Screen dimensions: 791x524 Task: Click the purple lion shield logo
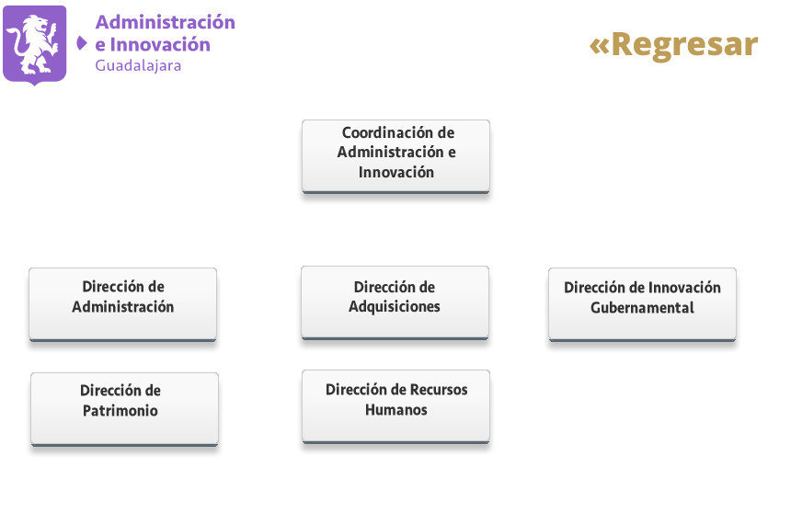[x=34, y=45]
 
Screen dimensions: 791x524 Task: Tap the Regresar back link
[x=673, y=45]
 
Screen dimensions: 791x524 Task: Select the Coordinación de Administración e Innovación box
[x=396, y=156]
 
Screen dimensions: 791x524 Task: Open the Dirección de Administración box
[x=122, y=304]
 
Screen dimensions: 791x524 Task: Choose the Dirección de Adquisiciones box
[x=395, y=303]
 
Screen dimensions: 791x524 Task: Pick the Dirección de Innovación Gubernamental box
[x=642, y=304]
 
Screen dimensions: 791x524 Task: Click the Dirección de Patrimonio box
[x=124, y=409]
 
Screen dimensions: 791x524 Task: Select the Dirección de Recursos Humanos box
[x=396, y=407]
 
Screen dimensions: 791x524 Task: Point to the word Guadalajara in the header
[x=138, y=66]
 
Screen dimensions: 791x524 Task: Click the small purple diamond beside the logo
[x=81, y=43]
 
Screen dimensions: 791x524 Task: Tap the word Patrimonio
[x=120, y=411]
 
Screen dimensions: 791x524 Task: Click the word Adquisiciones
[x=395, y=307]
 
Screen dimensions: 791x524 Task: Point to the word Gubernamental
[x=642, y=308]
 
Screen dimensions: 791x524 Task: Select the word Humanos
[x=396, y=410]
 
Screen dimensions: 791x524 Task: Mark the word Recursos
[x=439, y=390]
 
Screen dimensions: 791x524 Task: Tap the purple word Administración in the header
[x=166, y=22]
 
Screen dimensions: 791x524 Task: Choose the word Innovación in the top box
[x=396, y=173]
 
